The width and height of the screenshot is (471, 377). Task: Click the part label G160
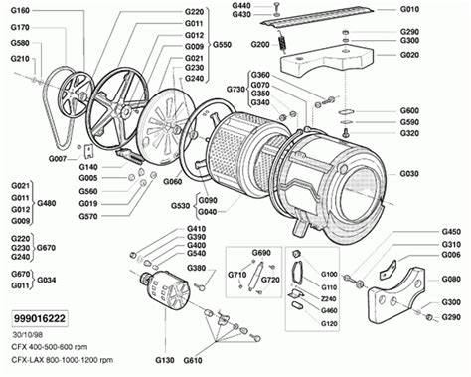(x=21, y=10)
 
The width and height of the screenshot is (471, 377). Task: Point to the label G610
(x=192, y=359)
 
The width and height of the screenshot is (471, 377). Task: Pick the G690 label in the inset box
(x=261, y=254)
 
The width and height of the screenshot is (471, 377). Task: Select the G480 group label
(x=47, y=203)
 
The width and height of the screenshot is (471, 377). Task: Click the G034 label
(x=47, y=280)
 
